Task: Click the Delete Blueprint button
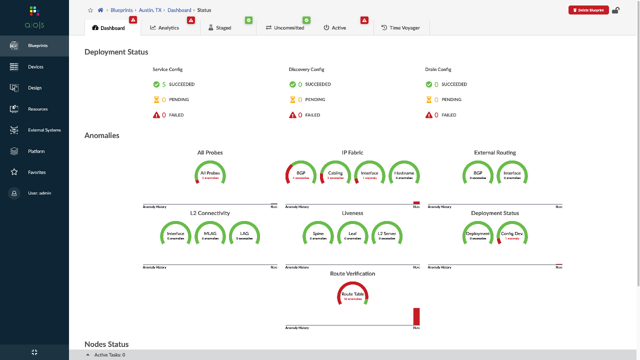tap(588, 10)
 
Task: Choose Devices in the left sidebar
tap(35, 67)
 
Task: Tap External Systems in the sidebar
tap(44, 130)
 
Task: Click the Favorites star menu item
tap(36, 172)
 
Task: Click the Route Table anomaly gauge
tap(352, 295)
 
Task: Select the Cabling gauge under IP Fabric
tap(335, 174)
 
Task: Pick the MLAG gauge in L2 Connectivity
tap(210, 234)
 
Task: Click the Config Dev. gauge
tap(512, 234)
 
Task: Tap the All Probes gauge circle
tap(210, 174)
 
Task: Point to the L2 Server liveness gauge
tap(387, 234)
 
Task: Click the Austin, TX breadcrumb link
tap(150, 10)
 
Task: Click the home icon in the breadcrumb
tap(100, 10)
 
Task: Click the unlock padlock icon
tap(615, 10)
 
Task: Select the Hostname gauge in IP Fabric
tap(404, 174)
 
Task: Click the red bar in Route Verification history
tap(416, 316)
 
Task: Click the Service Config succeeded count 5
tap(163, 84)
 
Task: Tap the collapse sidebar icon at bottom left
tap(34, 352)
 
